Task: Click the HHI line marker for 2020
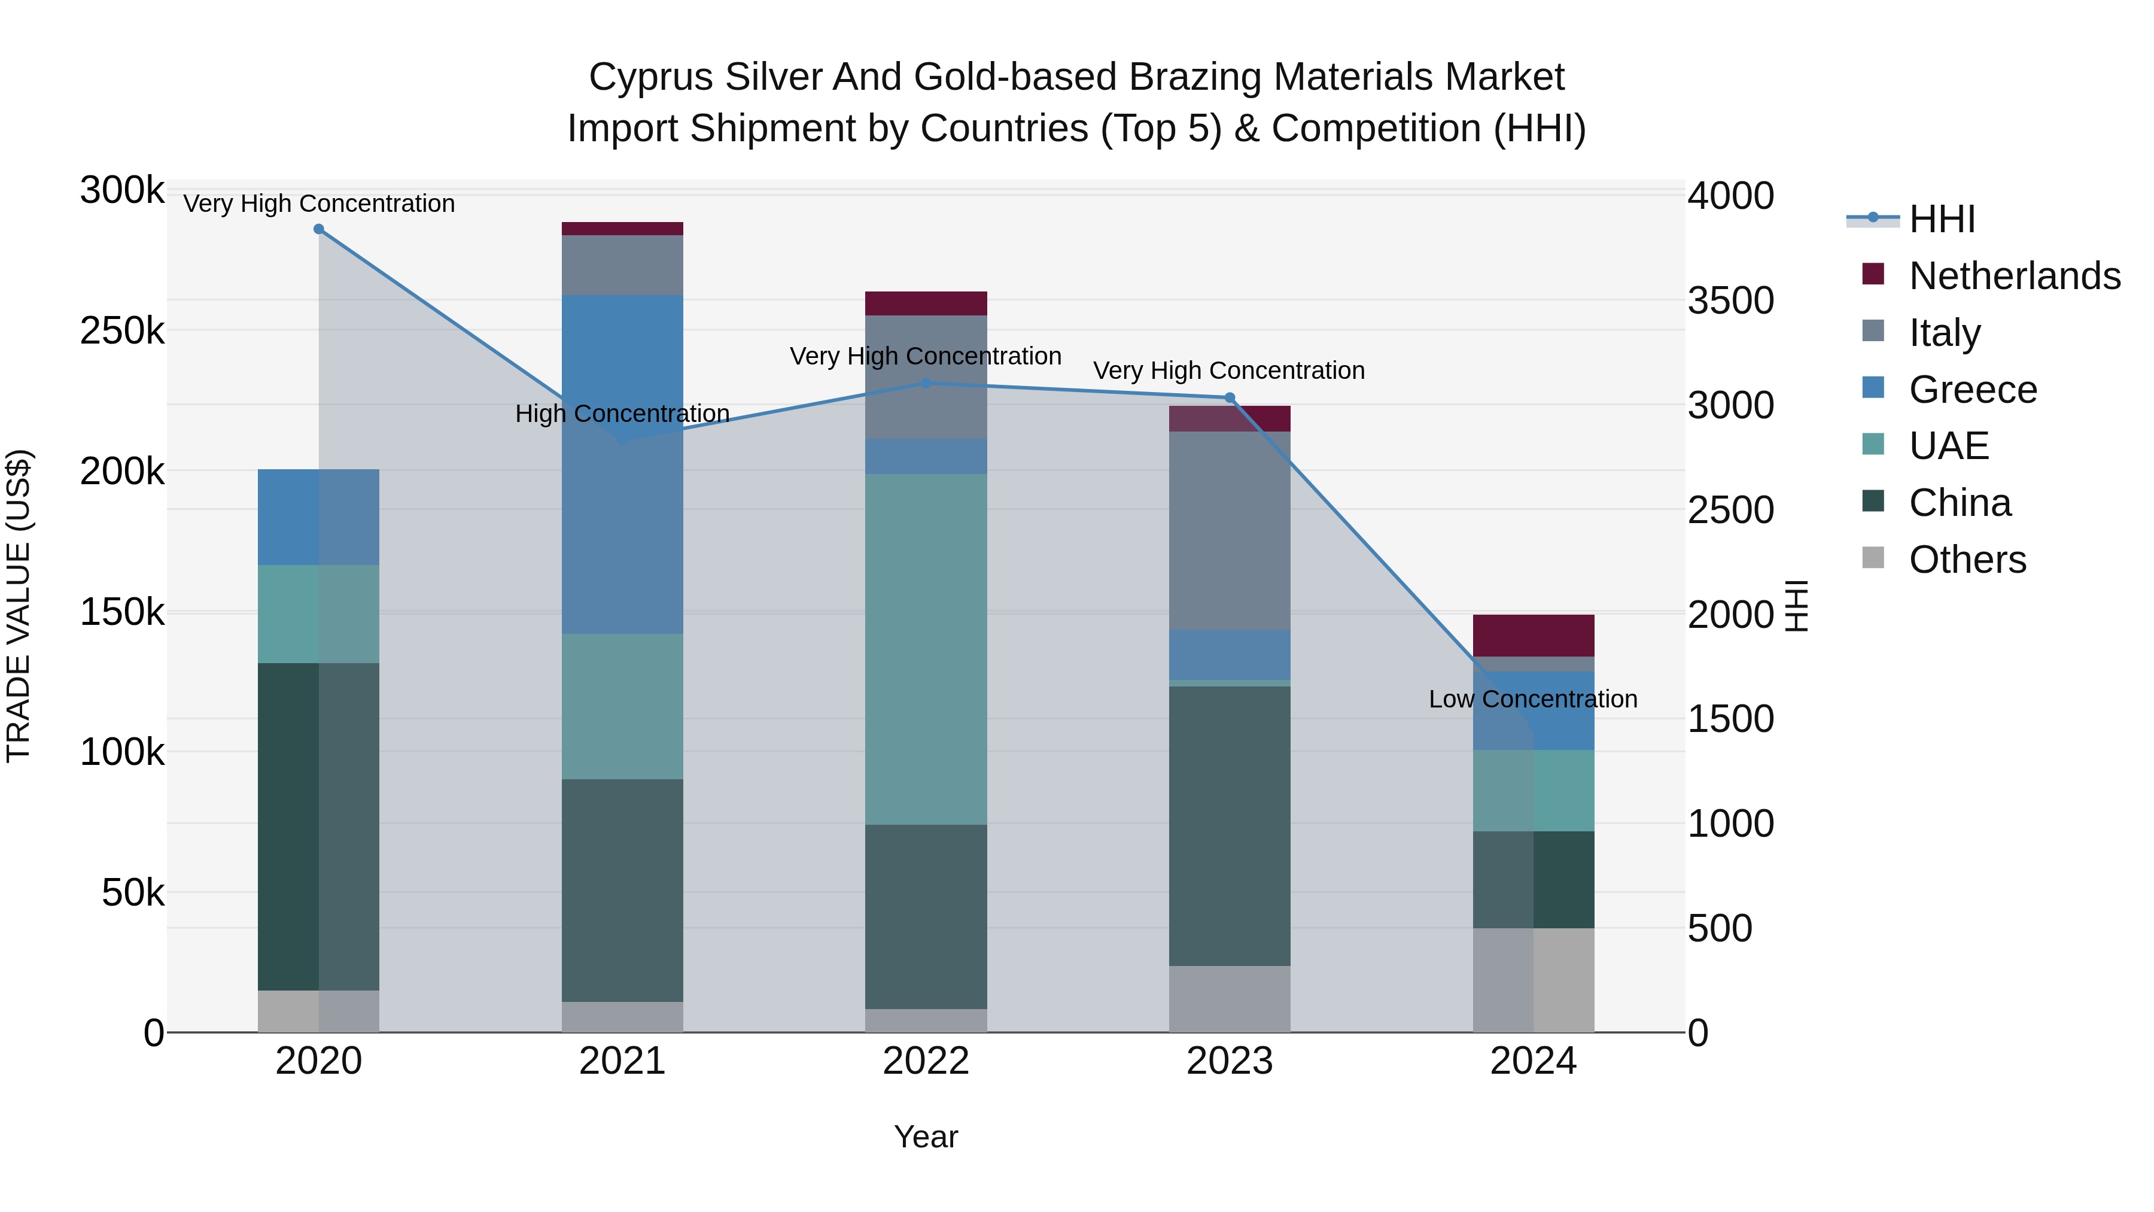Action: tap(318, 229)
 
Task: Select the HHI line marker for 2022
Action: tap(926, 383)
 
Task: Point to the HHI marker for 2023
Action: tap(1229, 398)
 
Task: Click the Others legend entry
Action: tap(1967, 560)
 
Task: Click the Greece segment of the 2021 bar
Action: tap(622, 464)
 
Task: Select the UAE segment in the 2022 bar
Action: tap(926, 649)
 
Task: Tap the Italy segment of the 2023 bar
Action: tap(1229, 530)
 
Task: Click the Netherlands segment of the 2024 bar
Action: tap(1533, 635)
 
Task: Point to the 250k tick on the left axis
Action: tap(122, 331)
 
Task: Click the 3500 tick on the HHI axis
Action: tap(1730, 301)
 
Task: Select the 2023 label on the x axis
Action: tap(1229, 1061)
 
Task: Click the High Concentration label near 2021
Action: tap(622, 414)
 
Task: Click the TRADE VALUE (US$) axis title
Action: tap(19, 606)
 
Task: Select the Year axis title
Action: tap(926, 1137)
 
